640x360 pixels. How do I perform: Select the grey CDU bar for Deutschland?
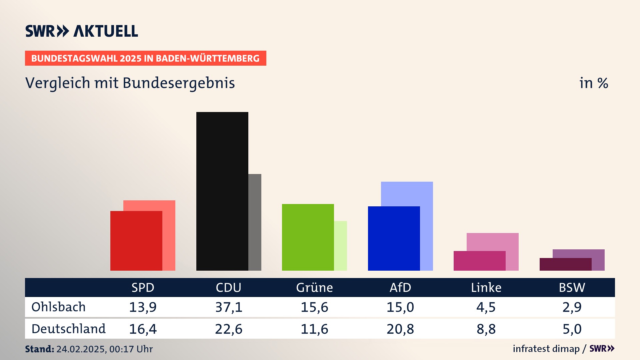[x=255, y=222]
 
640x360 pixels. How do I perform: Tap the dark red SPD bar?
[x=136, y=241]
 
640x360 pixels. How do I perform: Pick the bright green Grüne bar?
[x=308, y=237]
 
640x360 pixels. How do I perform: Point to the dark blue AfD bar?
[x=394, y=238]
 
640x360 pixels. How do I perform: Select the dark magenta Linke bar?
[x=479, y=261]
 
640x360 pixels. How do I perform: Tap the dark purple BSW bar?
[x=565, y=264]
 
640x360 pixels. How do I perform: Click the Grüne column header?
[x=314, y=288]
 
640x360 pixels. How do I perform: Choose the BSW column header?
[x=572, y=288]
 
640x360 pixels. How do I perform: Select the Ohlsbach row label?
[x=59, y=307]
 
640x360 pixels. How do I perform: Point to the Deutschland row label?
[x=69, y=329]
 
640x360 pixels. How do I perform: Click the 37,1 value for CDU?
[x=229, y=307]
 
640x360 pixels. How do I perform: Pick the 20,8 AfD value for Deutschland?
[x=400, y=329]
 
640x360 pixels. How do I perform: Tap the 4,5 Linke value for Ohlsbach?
[x=486, y=307]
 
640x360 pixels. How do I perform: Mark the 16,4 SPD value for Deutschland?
[x=143, y=329]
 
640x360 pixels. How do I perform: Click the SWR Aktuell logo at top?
[x=82, y=31]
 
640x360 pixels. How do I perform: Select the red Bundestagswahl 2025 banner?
[x=145, y=58]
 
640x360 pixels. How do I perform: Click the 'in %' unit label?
[x=594, y=83]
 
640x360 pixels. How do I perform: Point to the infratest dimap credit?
[x=546, y=349]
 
